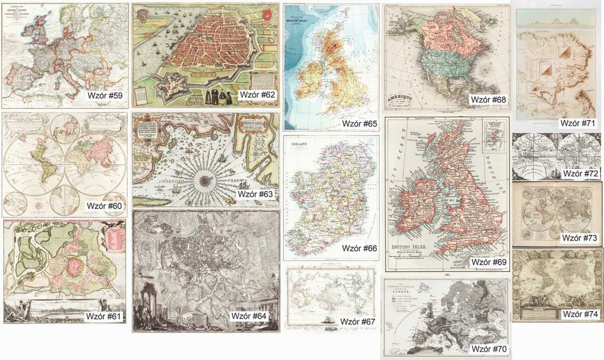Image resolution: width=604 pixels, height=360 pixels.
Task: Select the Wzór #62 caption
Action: tap(257, 95)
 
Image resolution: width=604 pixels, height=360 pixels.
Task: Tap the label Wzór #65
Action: tap(359, 123)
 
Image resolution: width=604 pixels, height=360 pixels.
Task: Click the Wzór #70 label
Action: tap(489, 349)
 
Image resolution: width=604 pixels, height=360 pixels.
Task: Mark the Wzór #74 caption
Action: tap(580, 314)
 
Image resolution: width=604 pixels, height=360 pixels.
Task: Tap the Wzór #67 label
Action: tap(356, 321)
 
